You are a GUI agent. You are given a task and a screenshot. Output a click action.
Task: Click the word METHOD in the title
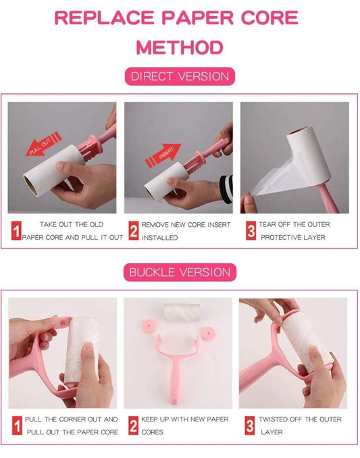tap(180, 47)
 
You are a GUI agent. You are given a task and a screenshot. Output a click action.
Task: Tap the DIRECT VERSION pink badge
tap(180, 76)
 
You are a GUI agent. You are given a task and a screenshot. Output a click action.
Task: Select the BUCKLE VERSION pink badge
tap(180, 272)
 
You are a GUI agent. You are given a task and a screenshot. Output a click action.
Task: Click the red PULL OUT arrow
tap(43, 144)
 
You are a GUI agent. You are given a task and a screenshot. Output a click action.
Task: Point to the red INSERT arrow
tap(163, 155)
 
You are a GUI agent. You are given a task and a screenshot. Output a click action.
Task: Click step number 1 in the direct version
tap(17, 231)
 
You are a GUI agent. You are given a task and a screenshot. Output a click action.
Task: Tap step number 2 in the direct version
tap(134, 231)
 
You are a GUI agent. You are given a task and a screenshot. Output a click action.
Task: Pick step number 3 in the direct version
tap(251, 231)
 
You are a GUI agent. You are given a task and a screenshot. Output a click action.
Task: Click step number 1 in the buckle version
tap(17, 426)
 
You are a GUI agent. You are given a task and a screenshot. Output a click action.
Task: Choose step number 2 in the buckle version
tap(134, 426)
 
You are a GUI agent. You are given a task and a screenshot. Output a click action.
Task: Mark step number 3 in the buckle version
tap(250, 426)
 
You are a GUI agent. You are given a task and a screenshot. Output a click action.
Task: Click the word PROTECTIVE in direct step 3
tap(280, 238)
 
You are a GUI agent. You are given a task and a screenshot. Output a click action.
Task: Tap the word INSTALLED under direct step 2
tap(159, 238)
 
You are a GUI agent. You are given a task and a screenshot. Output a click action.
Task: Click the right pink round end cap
tap(208, 332)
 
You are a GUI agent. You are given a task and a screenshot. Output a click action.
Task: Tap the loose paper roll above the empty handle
tap(182, 313)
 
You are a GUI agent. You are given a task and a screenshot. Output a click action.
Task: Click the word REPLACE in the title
tap(104, 18)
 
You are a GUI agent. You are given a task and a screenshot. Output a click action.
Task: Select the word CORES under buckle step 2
tap(153, 432)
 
